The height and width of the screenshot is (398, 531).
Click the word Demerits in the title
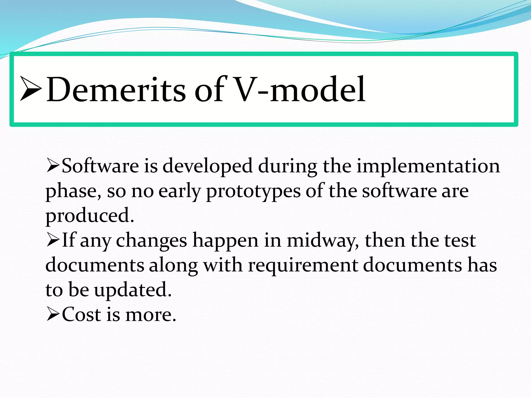click(x=116, y=89)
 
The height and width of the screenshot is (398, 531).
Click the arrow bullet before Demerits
click(x=31, y=89)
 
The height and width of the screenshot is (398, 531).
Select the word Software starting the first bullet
click(x=100, y=166)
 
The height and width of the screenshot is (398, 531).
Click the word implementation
click(x=428, y=166)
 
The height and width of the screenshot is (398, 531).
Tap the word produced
click(x=89, y=216)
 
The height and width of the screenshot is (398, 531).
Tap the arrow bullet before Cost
click(x=53, y=315)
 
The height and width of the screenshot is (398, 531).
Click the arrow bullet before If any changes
click(x=53, y=240)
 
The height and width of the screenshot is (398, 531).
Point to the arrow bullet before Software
click(x=53, y=166)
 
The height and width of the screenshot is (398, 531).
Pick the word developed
click(x=207, y=166)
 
